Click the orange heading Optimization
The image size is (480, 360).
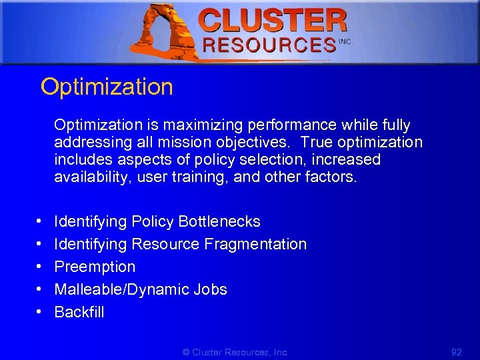(x=107, y=87)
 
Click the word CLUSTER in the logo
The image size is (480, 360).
(x=273, y=21)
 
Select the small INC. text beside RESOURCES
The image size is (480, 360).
(x=345, y=41)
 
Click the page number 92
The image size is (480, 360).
(x=456, y=352)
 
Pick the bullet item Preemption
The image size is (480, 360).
(x=95, y=267)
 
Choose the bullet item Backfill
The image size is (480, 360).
(x=79, y=312)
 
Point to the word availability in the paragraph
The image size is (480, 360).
(x=87, y=177)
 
